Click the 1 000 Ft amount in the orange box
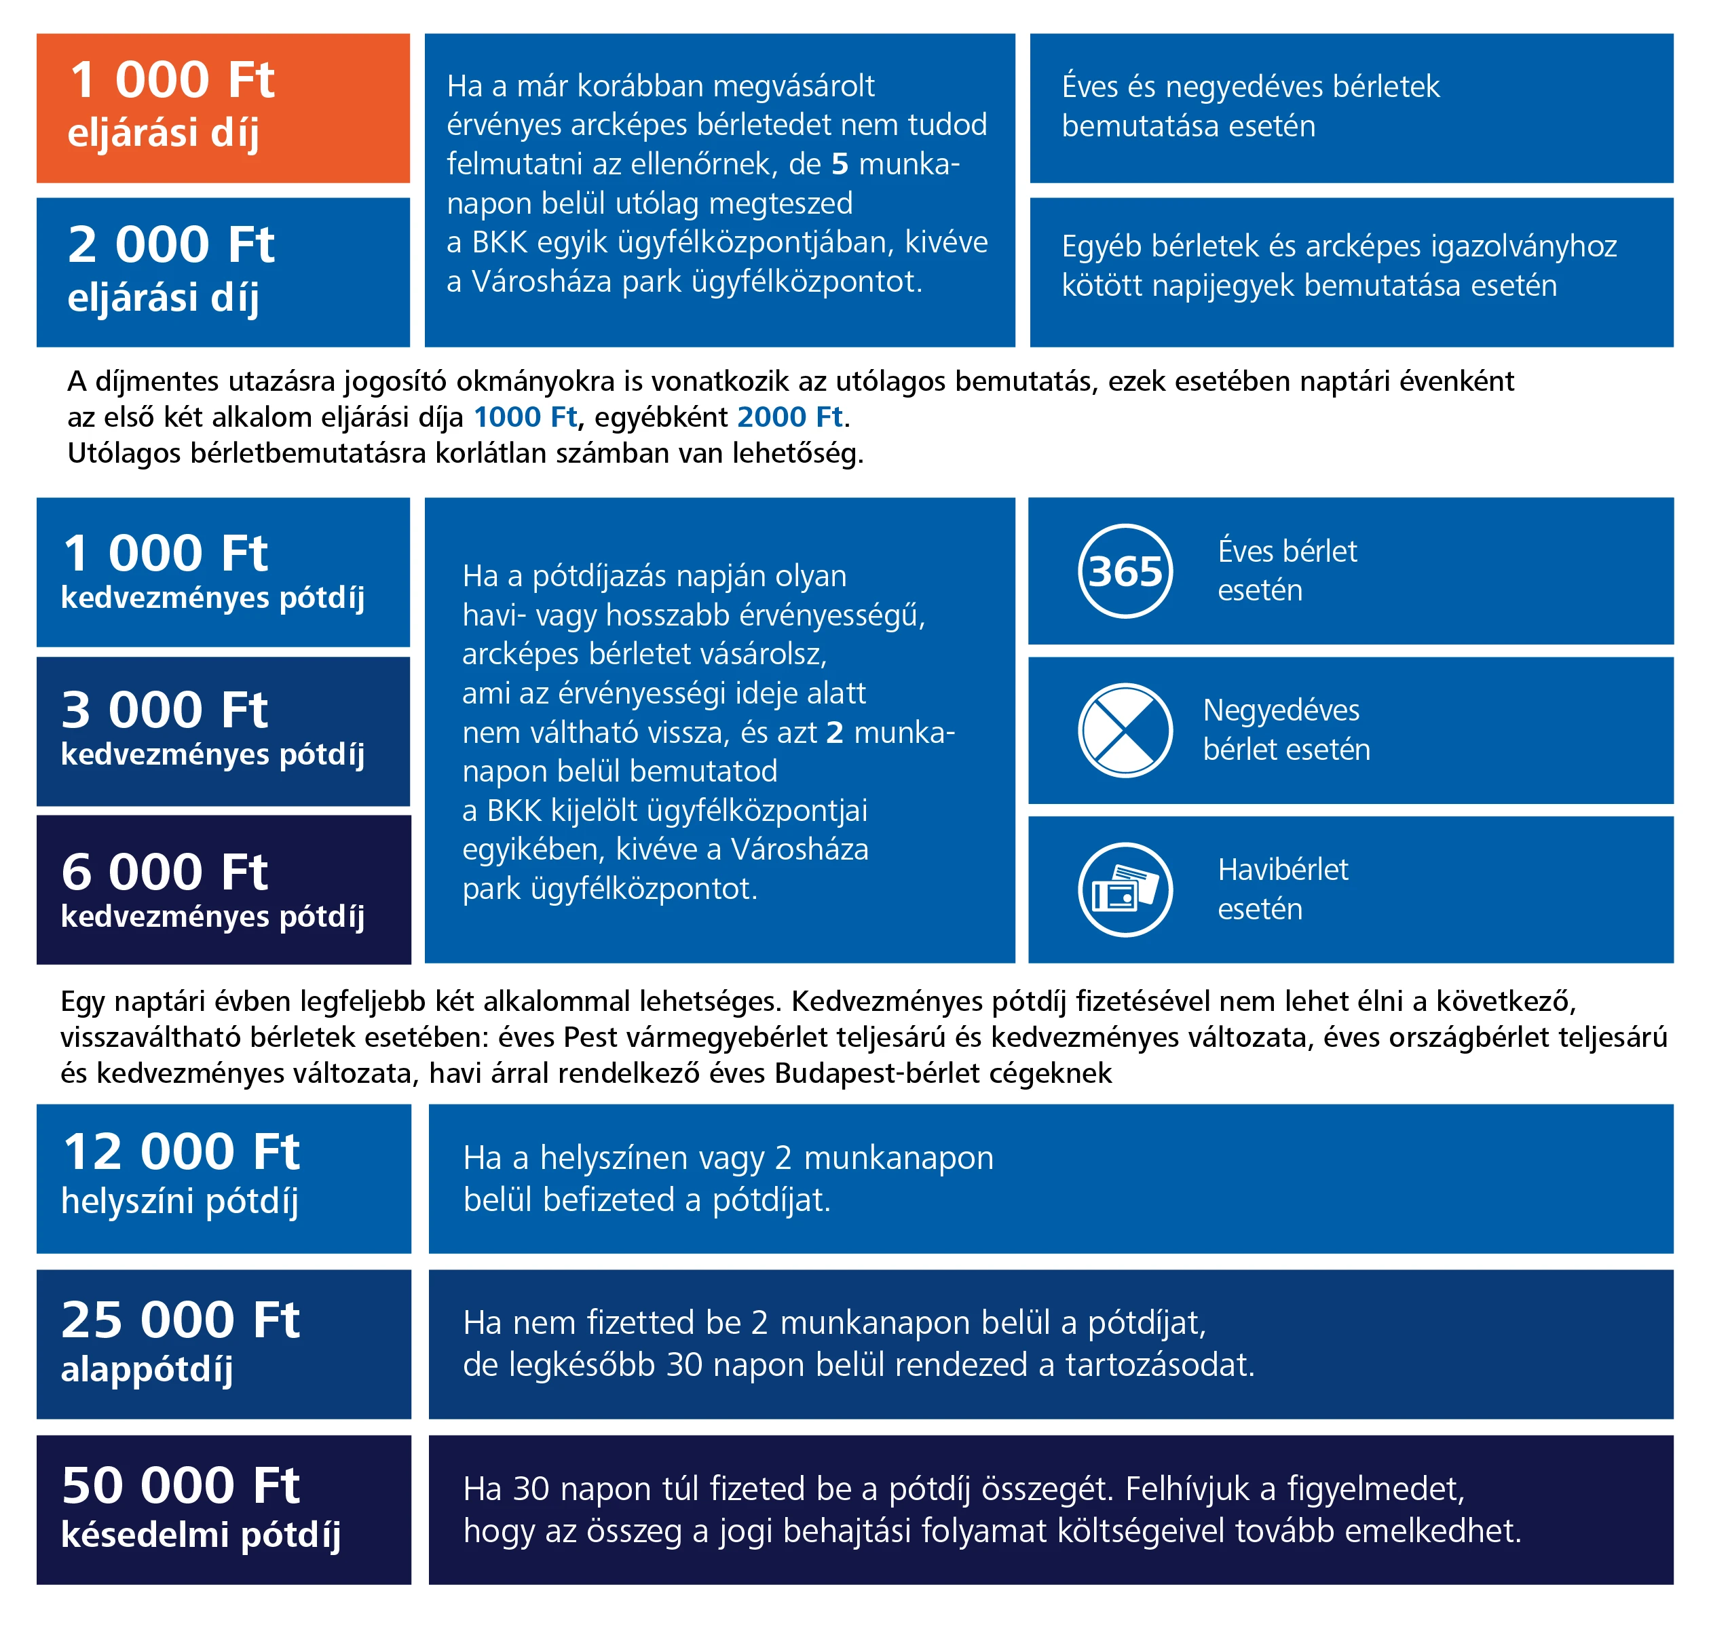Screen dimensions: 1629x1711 pos(171,80)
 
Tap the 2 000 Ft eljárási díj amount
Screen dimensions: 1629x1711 pos(171,244)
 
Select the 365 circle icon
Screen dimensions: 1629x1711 pos(1125,571)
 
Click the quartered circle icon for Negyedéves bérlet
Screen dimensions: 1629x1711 pos(1125,730)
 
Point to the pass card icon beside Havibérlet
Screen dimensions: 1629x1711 pos(1125,889)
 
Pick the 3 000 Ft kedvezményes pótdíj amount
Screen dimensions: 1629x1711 pos(164,710)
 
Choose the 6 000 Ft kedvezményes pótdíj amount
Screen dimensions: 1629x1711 pos(164,872)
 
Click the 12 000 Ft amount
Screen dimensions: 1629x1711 pos(181,1151)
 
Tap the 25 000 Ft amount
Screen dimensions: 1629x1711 pos(181,1320)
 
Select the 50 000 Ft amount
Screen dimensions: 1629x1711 pos(181,1485)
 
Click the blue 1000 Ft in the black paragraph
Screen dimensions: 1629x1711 pos(525,417)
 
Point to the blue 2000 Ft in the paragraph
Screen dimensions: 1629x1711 pos(789,417)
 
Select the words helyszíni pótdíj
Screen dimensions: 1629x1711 pos(180,1202)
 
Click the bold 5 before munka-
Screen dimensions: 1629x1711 pos(839,164)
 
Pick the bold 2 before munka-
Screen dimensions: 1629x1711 pos(835,733)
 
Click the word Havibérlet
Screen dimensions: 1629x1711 pos(1283,869)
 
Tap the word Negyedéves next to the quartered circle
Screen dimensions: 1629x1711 pos(1281,710)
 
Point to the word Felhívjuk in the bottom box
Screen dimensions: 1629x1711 pos(1201,1489)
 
